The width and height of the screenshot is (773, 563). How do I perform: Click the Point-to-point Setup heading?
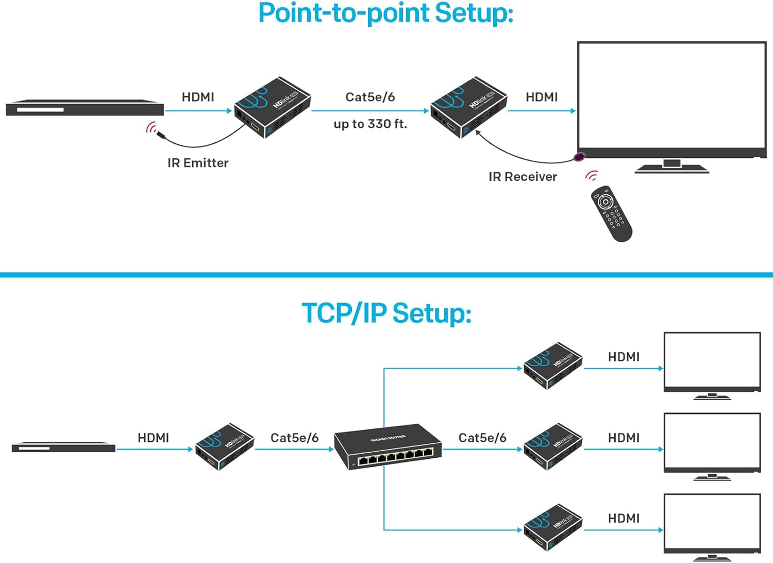pos(385,13)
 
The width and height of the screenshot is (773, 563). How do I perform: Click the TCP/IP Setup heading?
pos(386,313)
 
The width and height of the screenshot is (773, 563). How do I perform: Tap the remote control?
pos(611,213)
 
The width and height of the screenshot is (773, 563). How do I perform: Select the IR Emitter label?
pos(198,163)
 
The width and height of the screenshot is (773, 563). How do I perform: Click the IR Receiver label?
pos(523,177)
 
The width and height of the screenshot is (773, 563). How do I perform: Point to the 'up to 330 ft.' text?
pos(370,124)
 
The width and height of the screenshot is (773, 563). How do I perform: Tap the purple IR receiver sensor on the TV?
pos(580,157)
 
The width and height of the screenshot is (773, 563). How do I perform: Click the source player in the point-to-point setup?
pos(85,109)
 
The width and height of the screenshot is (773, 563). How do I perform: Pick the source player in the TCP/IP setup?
pos(63,447)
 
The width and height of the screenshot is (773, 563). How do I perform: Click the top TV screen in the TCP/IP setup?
pos(712,360)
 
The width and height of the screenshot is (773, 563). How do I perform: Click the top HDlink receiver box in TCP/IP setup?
pos(552,366)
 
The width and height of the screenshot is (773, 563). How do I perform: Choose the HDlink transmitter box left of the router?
pos(224,446)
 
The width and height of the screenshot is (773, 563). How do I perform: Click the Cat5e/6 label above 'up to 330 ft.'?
pos(370,97)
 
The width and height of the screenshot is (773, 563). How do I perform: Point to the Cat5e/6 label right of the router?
pos(482,438)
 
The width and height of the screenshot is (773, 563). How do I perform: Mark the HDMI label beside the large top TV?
pos(542,97)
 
